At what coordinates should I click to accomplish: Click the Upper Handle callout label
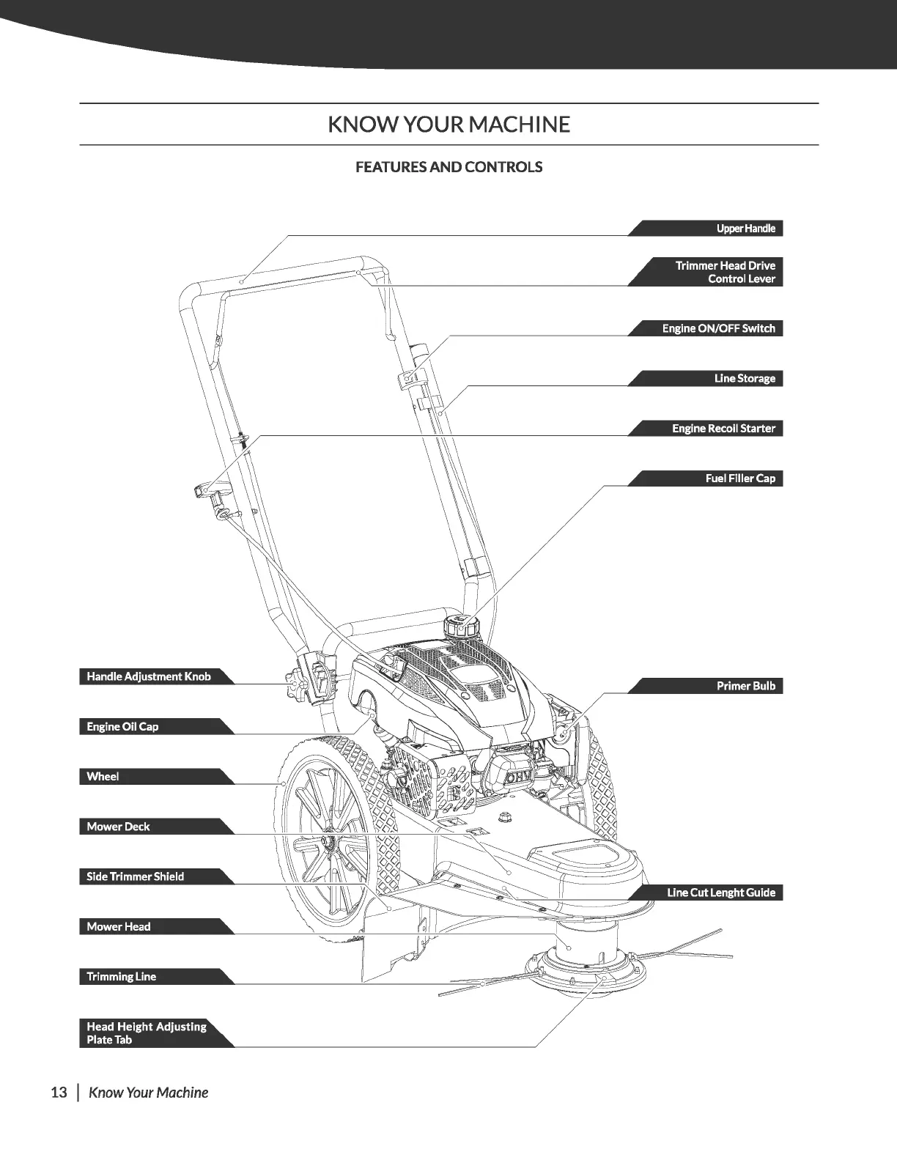(745, 229)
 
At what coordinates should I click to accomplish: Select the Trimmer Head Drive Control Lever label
(725, 272)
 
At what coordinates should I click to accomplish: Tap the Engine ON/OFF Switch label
(718, 328)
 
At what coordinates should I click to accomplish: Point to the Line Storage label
(744, 378)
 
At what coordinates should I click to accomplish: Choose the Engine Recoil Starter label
(723, 428)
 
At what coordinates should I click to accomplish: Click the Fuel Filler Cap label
(739, 479)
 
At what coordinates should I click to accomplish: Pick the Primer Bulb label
(745, 686)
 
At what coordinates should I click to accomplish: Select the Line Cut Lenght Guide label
(720, 893)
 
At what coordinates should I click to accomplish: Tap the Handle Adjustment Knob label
(149, 676)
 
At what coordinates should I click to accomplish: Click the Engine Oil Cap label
(122, 726)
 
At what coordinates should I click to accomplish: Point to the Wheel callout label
(103, 776)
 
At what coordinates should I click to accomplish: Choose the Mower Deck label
(118, 827)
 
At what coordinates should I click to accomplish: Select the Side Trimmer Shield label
(135, 876)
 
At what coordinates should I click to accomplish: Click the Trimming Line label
(121, 976)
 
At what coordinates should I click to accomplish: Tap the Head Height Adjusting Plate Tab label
(146, 1032)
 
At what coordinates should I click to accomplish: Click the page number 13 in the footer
(59, 1093)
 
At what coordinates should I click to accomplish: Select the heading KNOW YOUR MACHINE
(448, 125)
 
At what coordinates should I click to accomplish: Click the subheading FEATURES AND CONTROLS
(448, 167)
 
